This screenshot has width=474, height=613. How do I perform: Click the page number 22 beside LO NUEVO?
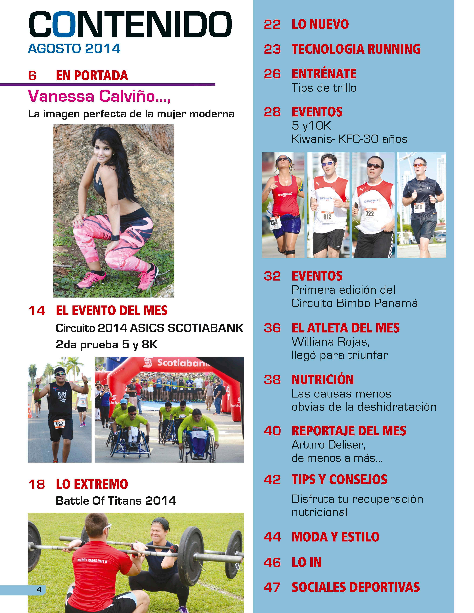click(272, 25)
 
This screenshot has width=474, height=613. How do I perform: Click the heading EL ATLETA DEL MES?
click(345, 328)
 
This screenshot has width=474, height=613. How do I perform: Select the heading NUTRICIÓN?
click(323, 379)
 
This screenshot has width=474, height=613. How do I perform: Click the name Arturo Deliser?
click(328, 445)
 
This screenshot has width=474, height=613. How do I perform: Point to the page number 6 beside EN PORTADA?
click(32, 76)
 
